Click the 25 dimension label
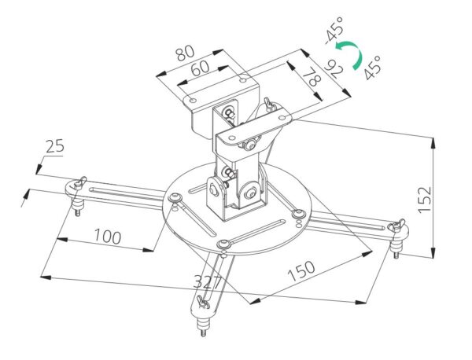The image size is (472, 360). (55, 147)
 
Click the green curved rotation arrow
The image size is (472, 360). (355, 56)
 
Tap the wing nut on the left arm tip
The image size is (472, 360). (77, 186)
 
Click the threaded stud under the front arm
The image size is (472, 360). (205, 325)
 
